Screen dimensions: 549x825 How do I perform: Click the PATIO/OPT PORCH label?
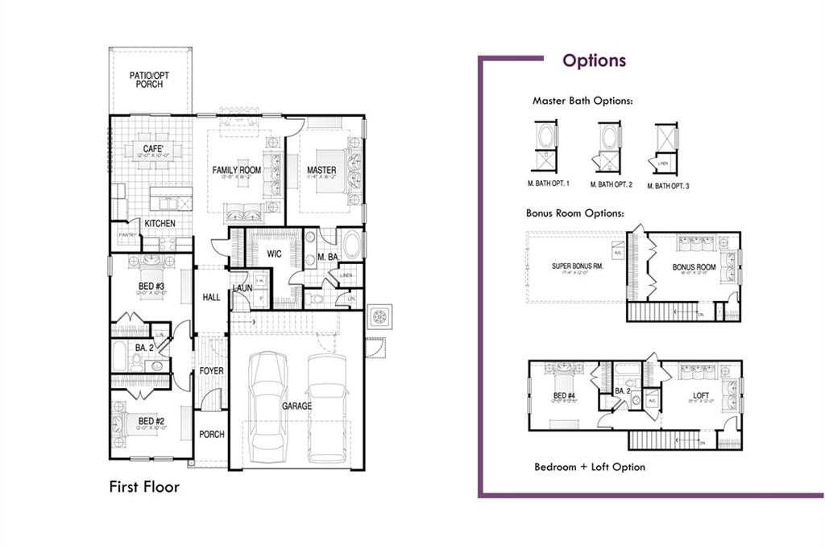click(x=149, y=80)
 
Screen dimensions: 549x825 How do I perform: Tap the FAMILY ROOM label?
click(x=237, y=171)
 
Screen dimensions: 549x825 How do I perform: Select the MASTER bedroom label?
click(x=321, y=171)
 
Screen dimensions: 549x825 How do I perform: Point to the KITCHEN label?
click(x=160, y=223)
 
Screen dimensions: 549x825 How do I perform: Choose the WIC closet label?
click(x=274, y=254)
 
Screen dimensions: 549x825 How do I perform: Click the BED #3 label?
click(x=151, y=287)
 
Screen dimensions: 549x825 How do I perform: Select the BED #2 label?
click(x=151, y=421)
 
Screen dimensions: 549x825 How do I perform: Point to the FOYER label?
click(x=211, y=371)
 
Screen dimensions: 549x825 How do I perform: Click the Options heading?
click(x=594, y=60)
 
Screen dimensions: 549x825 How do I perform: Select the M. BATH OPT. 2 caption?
click(x=611, y=185)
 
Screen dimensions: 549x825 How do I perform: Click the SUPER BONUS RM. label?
click(x=578, y=266)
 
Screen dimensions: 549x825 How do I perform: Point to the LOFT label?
click(x=702, y=395)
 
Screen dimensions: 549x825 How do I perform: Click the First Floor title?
click(x=144, y=487)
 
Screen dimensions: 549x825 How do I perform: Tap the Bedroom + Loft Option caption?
click(x=589, y=467)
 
